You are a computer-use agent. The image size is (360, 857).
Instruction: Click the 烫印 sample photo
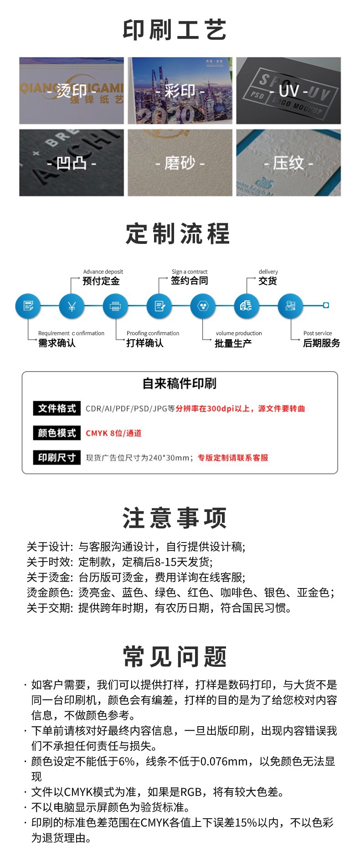[72, 91]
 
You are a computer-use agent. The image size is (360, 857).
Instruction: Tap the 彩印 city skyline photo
[180, 91]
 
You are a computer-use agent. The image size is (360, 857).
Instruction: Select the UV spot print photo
[288, 91]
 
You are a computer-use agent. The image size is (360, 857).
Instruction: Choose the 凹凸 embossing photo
[72, 163]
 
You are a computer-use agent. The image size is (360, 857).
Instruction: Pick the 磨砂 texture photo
[180, 163]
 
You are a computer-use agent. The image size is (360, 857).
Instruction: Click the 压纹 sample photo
[288, 163]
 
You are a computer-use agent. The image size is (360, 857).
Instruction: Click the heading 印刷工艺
[175, 30]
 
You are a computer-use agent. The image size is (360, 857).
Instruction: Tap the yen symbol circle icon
[72, 306]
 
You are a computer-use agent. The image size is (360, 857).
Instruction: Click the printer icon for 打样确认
[115, 306]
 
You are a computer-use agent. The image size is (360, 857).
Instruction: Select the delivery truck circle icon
[247, 306]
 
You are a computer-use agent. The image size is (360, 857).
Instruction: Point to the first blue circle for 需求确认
[28, 306]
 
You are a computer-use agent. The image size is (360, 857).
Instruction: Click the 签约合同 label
[189, 281]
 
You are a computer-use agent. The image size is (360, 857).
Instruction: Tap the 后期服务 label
[321, 343]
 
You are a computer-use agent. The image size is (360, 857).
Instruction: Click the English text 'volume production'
[239, 333]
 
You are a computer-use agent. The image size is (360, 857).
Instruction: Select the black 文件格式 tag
[57, 408]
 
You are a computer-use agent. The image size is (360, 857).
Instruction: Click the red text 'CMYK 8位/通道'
[113, 433]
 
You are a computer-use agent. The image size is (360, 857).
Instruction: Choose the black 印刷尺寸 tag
[57, 458]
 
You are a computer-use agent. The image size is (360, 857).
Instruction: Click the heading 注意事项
[175, 518]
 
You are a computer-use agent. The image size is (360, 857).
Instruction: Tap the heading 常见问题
[175, 656]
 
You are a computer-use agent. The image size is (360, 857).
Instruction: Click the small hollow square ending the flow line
[326, 305]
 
